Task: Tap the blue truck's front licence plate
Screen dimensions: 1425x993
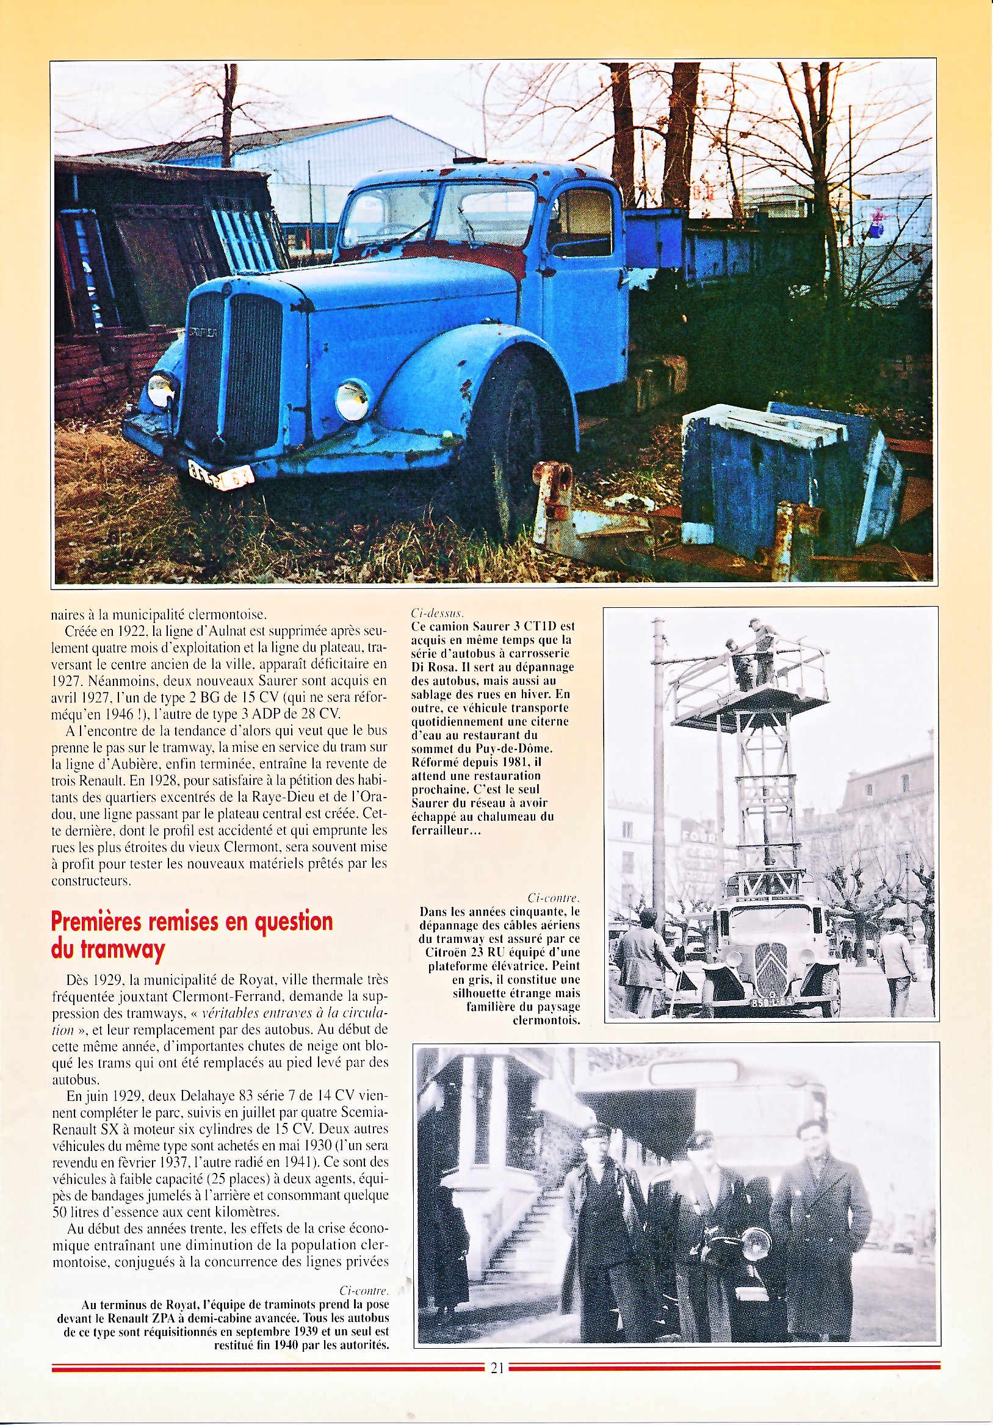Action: point(221,476)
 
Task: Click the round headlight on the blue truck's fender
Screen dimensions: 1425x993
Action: point(353,400)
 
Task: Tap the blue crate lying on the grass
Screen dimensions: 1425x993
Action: point(788,478)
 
